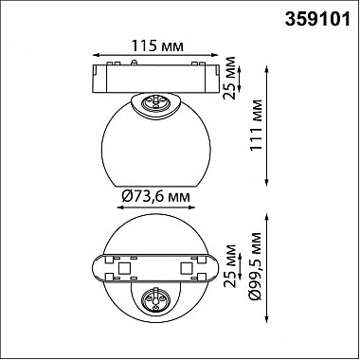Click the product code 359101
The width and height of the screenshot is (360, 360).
coord(317,19)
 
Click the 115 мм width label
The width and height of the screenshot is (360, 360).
coord(157,46)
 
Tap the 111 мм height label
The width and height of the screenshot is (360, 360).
coord(257,125)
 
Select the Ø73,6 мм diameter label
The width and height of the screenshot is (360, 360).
coord(155,197)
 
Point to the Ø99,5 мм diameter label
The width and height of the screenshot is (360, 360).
coord(255,266)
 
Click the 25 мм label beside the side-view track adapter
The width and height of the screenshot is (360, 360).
coord(229,78)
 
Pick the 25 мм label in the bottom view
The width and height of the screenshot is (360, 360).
coord(229,265)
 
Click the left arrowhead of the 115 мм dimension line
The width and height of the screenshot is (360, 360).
coord(96,55)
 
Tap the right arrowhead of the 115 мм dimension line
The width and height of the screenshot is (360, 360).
coord(216,55)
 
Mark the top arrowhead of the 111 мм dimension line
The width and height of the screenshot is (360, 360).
coord(267,68)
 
